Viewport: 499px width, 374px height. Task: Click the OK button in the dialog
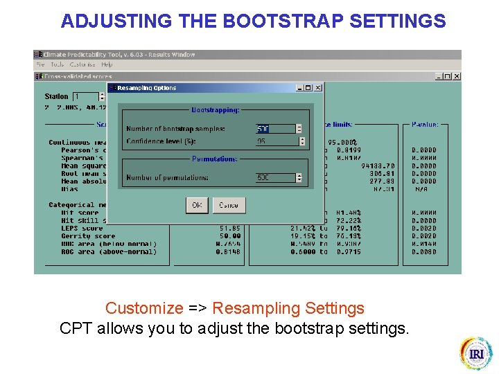[x=197, y=205]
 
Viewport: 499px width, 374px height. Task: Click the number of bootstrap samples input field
[x=274, y=129]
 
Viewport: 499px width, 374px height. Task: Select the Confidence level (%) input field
[x=276, y=141]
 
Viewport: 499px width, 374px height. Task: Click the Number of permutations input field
[x=274, y=178]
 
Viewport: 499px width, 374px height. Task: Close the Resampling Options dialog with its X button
[x=318, y=88]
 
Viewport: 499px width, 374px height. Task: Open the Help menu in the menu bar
[x=107, y=64]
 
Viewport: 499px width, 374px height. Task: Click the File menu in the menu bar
[x=41, y=64]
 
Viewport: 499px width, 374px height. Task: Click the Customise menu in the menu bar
[x=82, y=64]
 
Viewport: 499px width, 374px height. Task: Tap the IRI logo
[x=476, y=353]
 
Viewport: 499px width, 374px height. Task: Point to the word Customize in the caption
[x=144, y=308]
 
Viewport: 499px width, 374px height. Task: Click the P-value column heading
[x=425, y=125]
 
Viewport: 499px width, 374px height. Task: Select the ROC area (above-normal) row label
[x=109, y=252]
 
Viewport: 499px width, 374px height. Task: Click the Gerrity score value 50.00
[x=229, y=236]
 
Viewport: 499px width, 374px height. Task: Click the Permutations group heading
[x=215, y=159]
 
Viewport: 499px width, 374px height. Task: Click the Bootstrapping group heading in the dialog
[x=215, y=110]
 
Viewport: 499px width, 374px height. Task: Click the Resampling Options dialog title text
[x=147, y=88]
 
